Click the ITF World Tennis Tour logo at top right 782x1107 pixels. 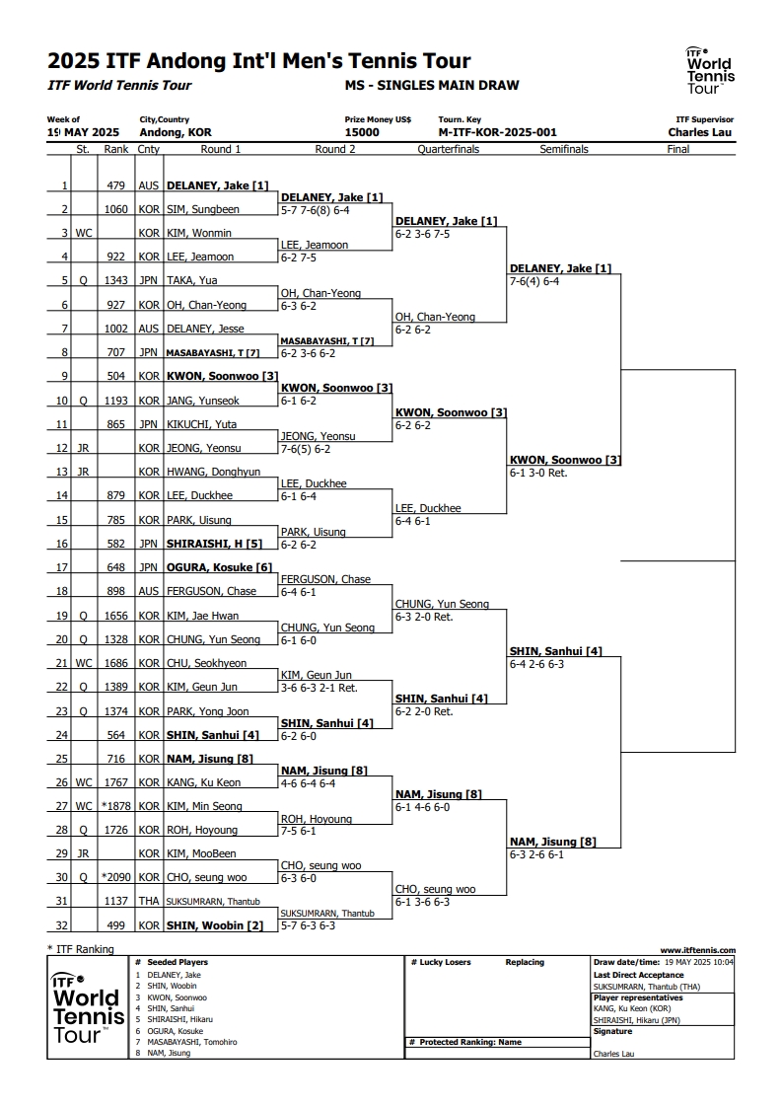point(711,70)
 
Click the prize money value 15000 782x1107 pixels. point(362,132)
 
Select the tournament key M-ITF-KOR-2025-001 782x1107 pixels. point(498,132)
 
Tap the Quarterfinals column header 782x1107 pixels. point(448,149)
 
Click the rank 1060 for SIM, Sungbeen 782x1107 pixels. point(116,209)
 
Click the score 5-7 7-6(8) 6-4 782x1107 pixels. point(316,210)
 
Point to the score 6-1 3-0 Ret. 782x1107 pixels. point(538,473)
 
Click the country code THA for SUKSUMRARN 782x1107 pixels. point(149,901)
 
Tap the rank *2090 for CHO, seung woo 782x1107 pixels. point(115,877)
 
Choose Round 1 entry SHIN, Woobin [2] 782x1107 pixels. point(215,925)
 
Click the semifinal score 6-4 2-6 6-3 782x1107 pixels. point(537,664)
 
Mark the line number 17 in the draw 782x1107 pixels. point(62,567)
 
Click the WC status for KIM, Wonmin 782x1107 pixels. point(84,233)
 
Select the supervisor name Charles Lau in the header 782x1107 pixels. point(700,132)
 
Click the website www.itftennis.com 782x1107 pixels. point(698,950)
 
